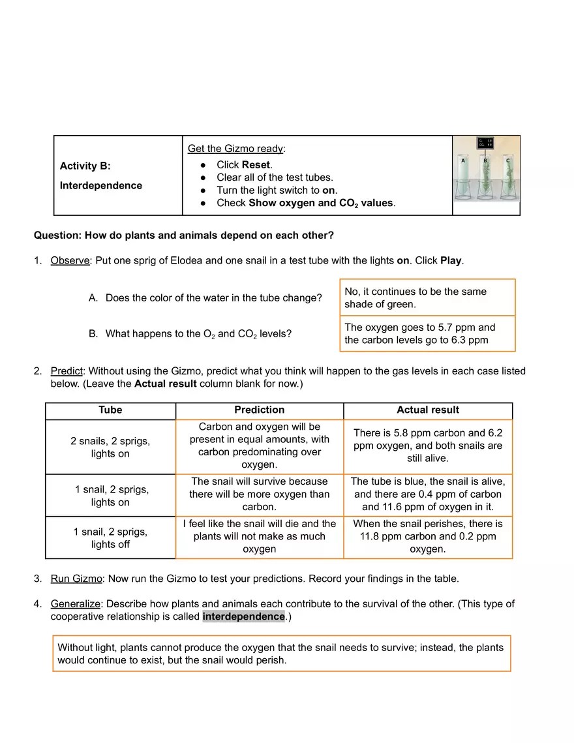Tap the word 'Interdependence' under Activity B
click(x=101, y=186)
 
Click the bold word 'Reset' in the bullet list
click(x=256, y=164)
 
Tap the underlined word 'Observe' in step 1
click(x=70, y=261)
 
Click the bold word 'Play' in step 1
click(x=451, y=261)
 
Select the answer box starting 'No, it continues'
click(x=427, y=298)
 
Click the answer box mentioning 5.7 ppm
click(x=427, y=334)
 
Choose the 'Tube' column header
click(x=110, y=410)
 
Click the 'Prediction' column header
click(x=259, y=410)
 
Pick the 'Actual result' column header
click(x=428, y=410)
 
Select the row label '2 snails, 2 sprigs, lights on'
click(x=110, y=447)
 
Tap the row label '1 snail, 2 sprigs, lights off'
click(x=110, y=538)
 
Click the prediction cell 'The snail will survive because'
click(x=259, y=494)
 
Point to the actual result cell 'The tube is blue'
click(x=428, y=494)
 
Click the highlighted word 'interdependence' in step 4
click(x=243, y=617)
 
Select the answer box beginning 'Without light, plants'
click(x=281, y=654)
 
